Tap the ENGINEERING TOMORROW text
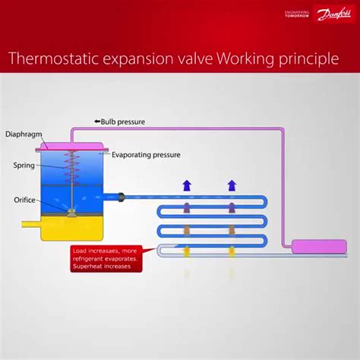[297, 15]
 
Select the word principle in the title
[308, 59]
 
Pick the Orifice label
[24, 201]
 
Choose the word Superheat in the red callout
[87, 267]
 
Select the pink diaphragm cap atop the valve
[72, 144]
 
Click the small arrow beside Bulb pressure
[97, 122]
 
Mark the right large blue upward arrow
[232, 185]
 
